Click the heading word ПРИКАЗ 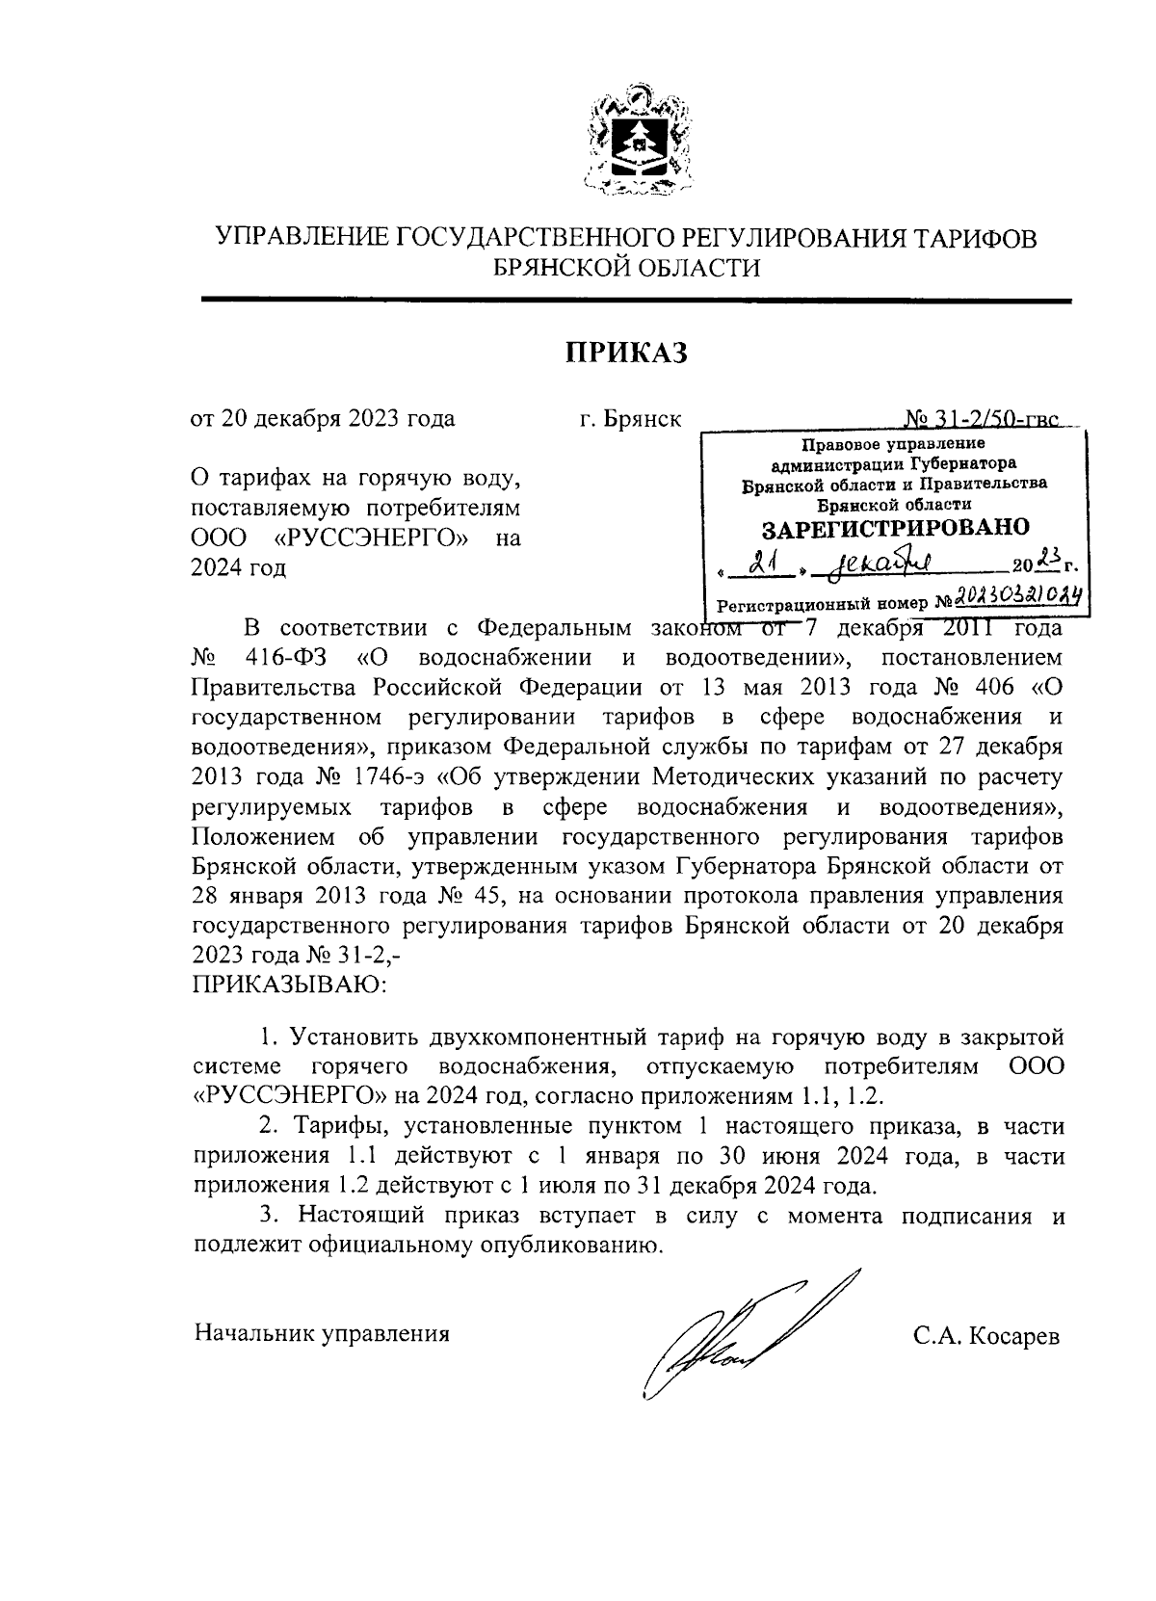626,354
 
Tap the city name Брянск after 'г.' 644,420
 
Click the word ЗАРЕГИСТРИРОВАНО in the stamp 895,528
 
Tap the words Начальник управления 322,1334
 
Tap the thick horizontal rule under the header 636,302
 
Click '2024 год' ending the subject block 239,568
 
